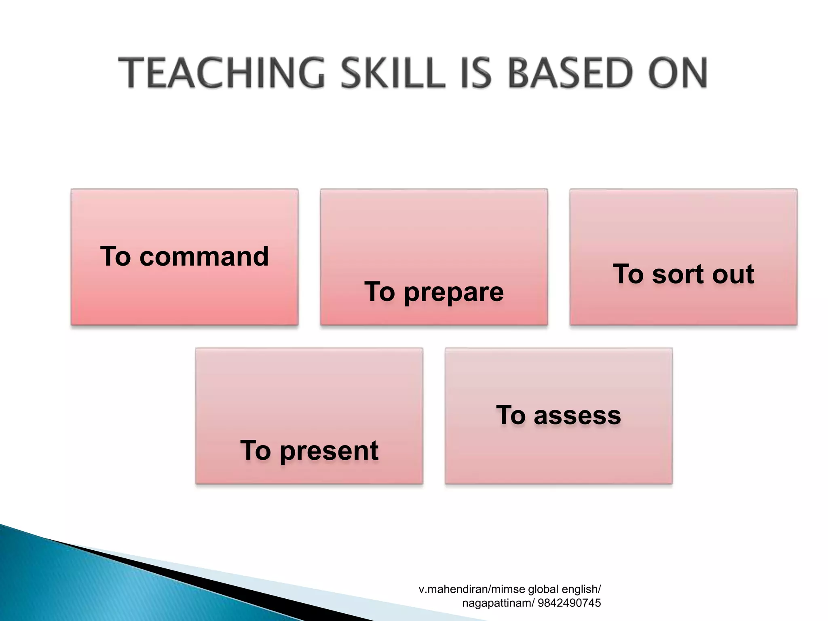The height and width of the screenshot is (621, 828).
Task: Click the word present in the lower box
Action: pos(329,451)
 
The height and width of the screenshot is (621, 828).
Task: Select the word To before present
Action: pos(256,451)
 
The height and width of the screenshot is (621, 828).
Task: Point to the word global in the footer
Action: pos(543,589)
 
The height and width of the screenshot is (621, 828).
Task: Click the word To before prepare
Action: pos(380,292)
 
